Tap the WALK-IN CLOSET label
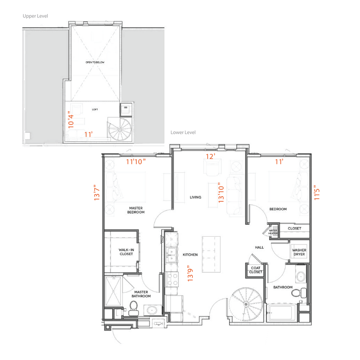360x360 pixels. coord(126,252)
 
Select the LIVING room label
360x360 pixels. coord(195,197)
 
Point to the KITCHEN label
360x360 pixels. coord(190,255)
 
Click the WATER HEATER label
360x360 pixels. coord(273,232)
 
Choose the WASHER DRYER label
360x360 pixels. coord(299,252)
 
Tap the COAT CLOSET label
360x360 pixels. coord(255,270)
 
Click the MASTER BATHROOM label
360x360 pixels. coord(141,294)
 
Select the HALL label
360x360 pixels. coord(259,247)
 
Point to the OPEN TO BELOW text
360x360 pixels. coord(94,62)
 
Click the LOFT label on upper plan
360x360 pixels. coord(95,110)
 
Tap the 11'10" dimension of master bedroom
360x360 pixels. coord(136,162)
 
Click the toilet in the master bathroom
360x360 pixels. coord(133,307)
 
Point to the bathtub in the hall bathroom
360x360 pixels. coord(281,314)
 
